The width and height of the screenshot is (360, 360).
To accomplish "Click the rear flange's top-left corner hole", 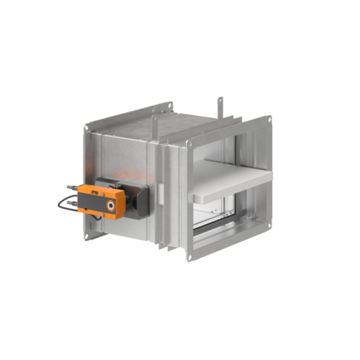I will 88,127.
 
